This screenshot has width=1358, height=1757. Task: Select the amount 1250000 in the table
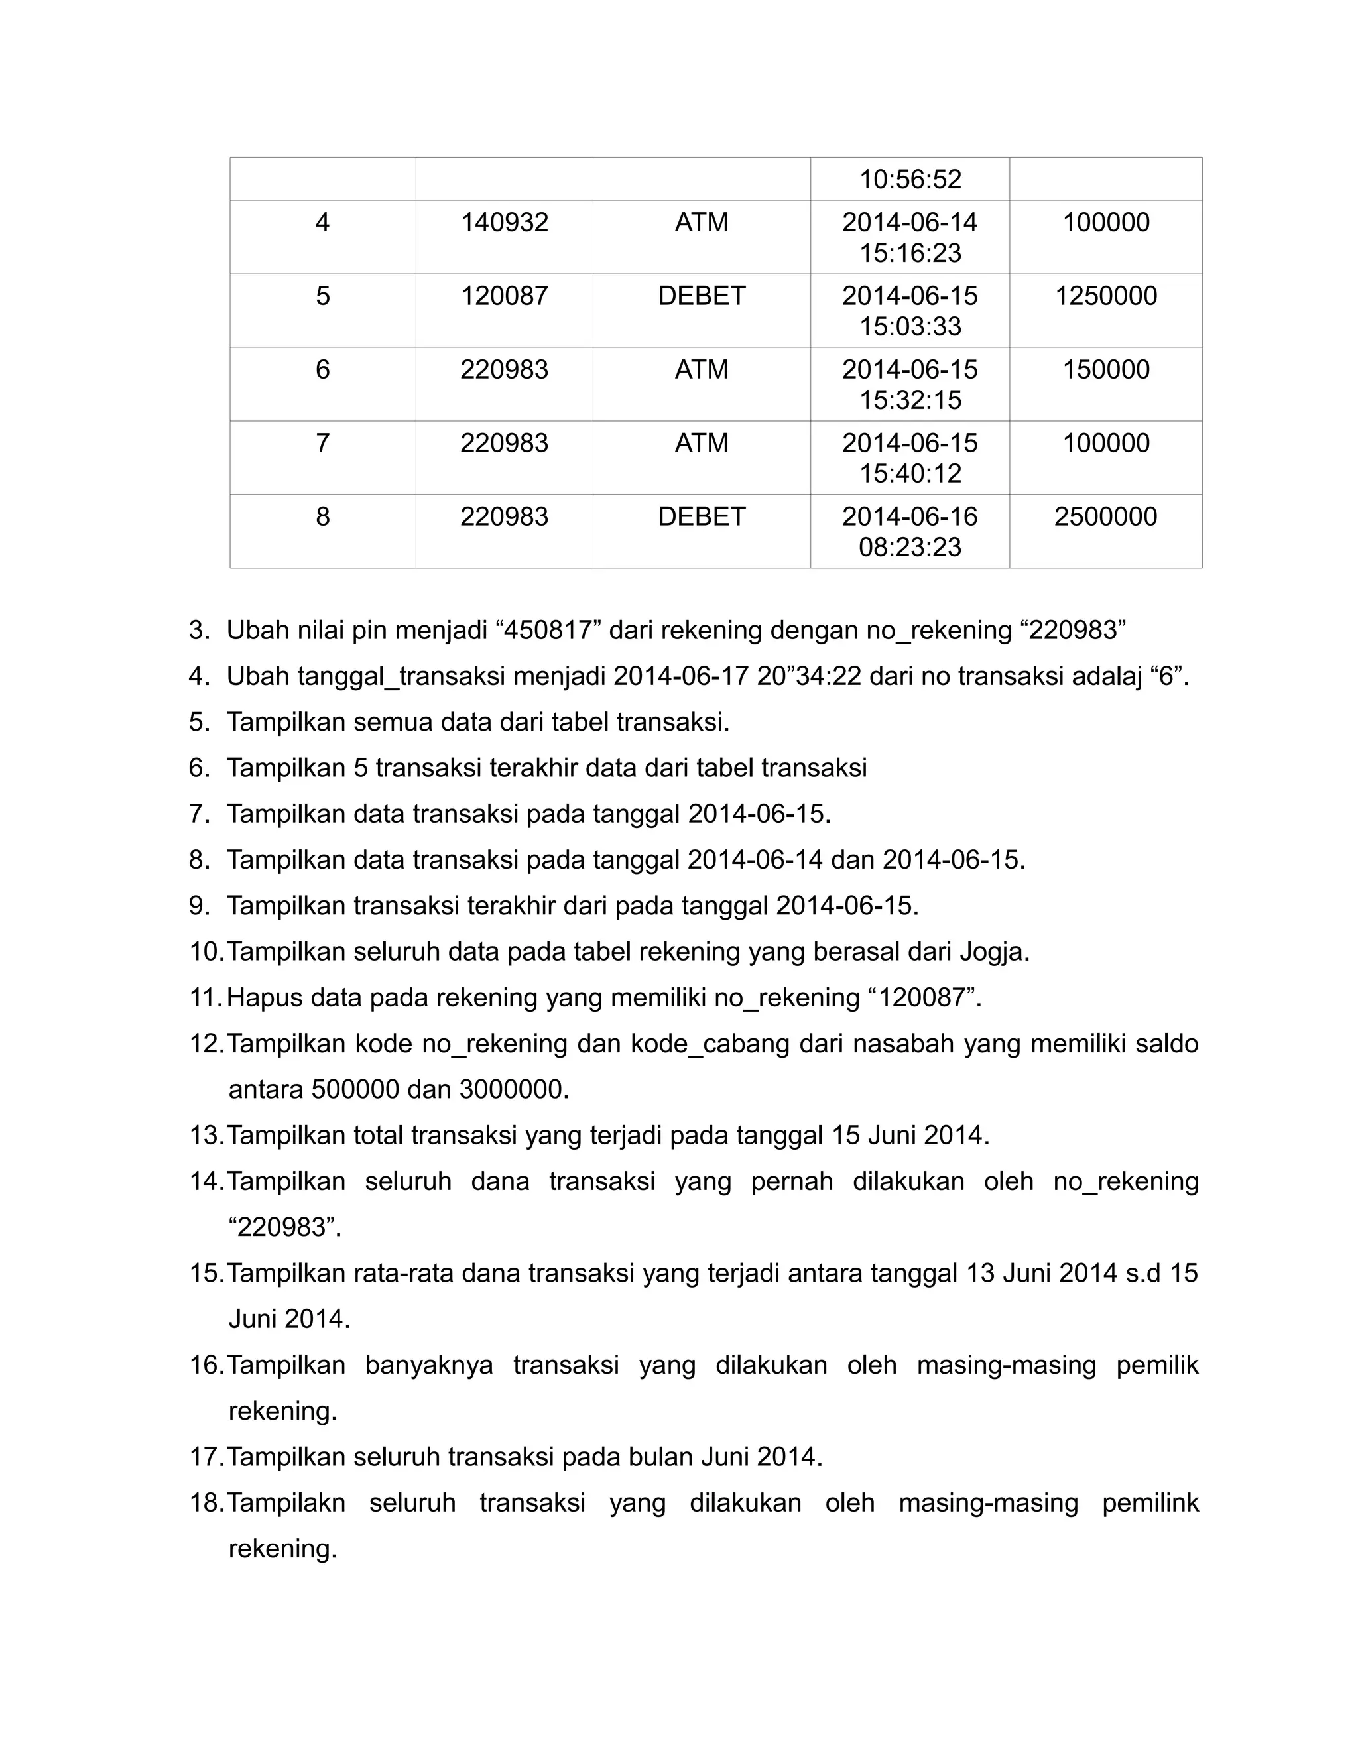tap(1105, 296)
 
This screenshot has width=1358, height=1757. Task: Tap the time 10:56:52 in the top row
tap(910, 178)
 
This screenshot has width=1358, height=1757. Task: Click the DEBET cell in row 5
tap(702, 296)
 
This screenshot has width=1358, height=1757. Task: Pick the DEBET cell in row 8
tap(702, 516)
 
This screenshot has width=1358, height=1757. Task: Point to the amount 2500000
tap(1105, 516)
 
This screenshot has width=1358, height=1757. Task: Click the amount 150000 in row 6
tap(1105, 370)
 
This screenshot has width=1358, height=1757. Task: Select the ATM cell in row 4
tap(702, 222)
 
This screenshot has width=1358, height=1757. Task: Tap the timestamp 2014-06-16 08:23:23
tap(910, 531)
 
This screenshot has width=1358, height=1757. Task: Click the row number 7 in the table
tap(323, 444)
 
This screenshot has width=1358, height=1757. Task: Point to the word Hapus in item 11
tap(265, 999)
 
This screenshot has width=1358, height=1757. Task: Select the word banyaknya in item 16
tap(429, 1365)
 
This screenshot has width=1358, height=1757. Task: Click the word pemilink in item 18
tap(1150, 1503)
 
